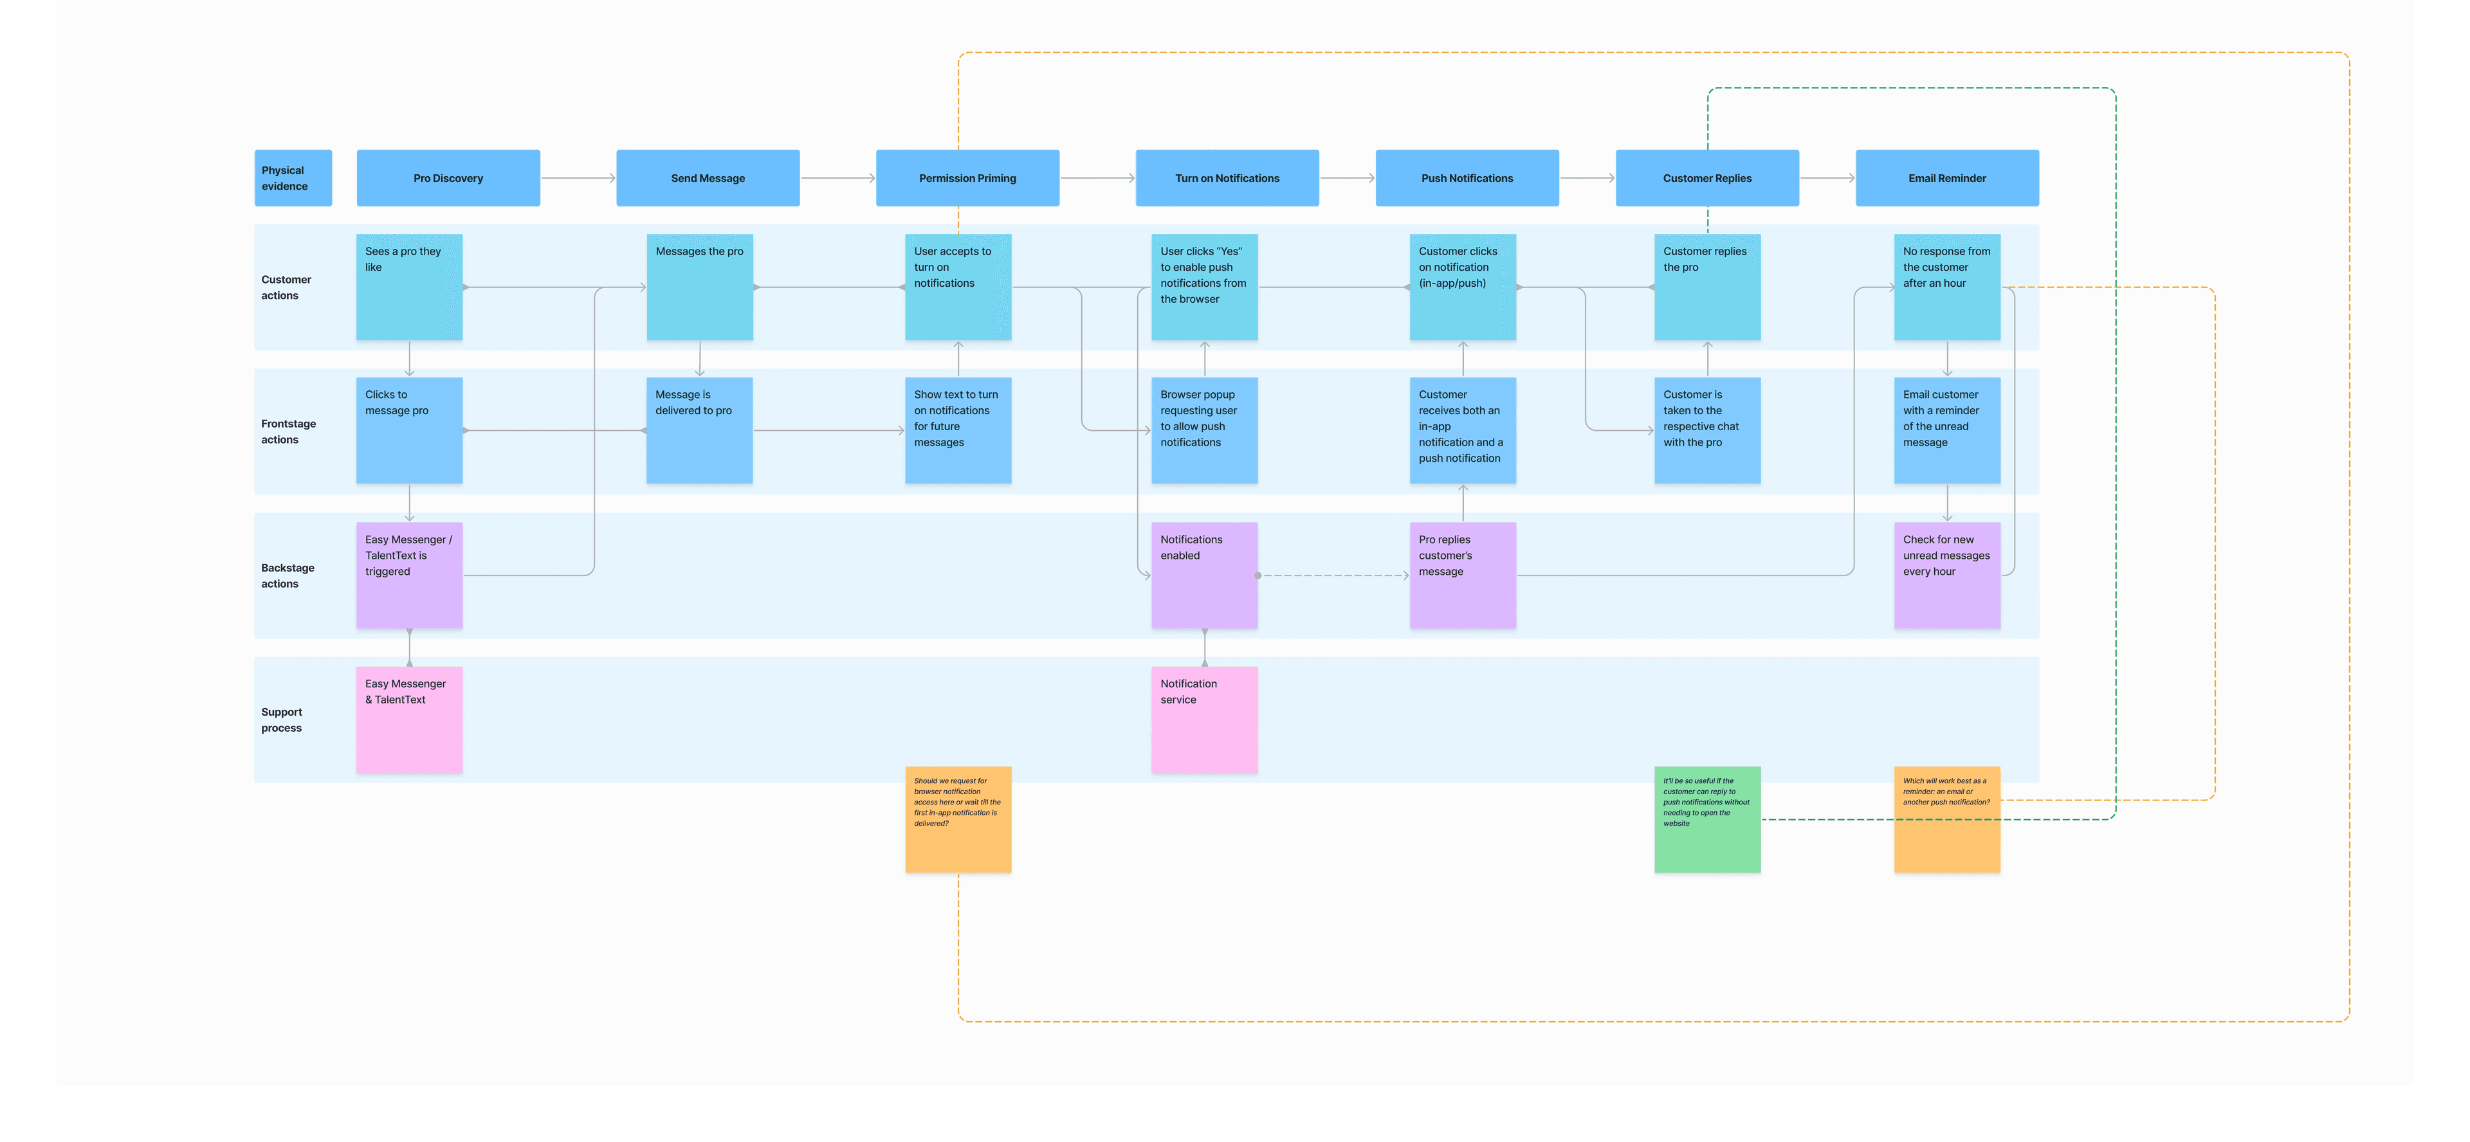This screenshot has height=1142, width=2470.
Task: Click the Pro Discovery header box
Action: [448, 177]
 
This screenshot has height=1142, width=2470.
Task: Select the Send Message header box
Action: [708, 177]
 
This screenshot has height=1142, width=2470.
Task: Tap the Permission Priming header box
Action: [967, 177]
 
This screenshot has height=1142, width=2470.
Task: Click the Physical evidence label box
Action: [293, 177]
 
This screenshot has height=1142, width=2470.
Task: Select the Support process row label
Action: [281, 720]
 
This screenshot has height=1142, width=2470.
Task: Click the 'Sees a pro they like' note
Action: [410, 287]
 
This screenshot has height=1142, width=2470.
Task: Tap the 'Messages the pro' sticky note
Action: [700, 287]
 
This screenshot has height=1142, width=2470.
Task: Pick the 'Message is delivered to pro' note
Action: [700, 431]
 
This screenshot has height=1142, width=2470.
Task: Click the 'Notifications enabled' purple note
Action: [1204, 576]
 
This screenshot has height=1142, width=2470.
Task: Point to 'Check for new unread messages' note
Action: [1948, 576]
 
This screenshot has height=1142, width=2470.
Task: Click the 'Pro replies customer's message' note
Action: [1463, 576]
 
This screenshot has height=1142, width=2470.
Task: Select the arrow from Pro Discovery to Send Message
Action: [578, 178]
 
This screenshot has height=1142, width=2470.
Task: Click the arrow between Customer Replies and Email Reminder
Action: [1827, 178]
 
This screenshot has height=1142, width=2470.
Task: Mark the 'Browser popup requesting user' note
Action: [1204, 431]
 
